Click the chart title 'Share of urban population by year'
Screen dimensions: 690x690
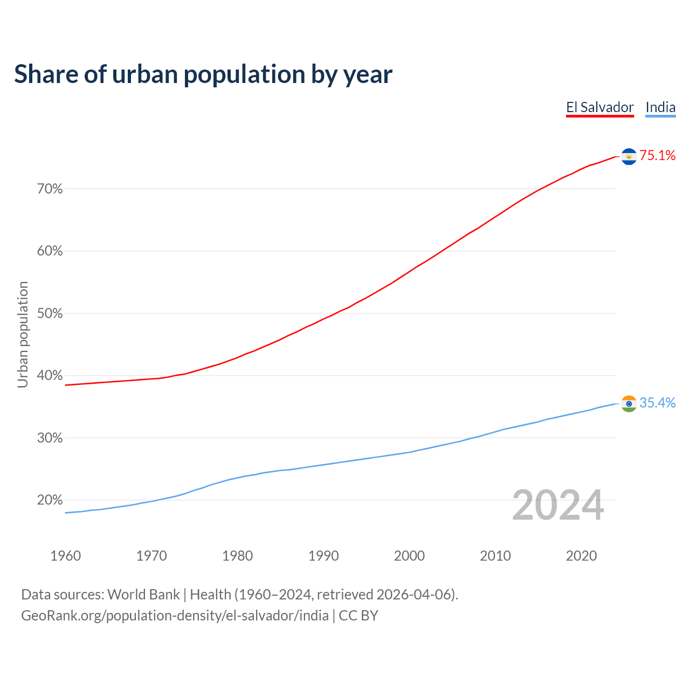203,74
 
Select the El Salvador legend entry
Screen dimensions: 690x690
599,107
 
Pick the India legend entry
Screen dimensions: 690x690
660,107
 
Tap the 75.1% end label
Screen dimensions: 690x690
657,156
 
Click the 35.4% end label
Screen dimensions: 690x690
657,403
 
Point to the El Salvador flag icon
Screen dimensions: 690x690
629,156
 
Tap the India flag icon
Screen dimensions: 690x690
629,403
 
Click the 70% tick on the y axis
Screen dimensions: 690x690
50,189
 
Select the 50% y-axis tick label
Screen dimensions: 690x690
50,314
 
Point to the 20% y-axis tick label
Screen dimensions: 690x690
50,500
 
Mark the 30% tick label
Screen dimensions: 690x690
50,438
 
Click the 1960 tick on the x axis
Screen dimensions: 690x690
65,556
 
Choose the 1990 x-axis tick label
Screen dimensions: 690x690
323,556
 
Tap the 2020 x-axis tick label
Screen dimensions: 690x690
581,556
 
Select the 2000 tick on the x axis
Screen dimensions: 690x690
409,556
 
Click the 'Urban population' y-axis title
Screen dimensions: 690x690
23,334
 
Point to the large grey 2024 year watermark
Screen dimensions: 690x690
558,505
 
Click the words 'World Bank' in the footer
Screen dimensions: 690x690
143,595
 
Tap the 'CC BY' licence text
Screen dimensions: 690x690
358,616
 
